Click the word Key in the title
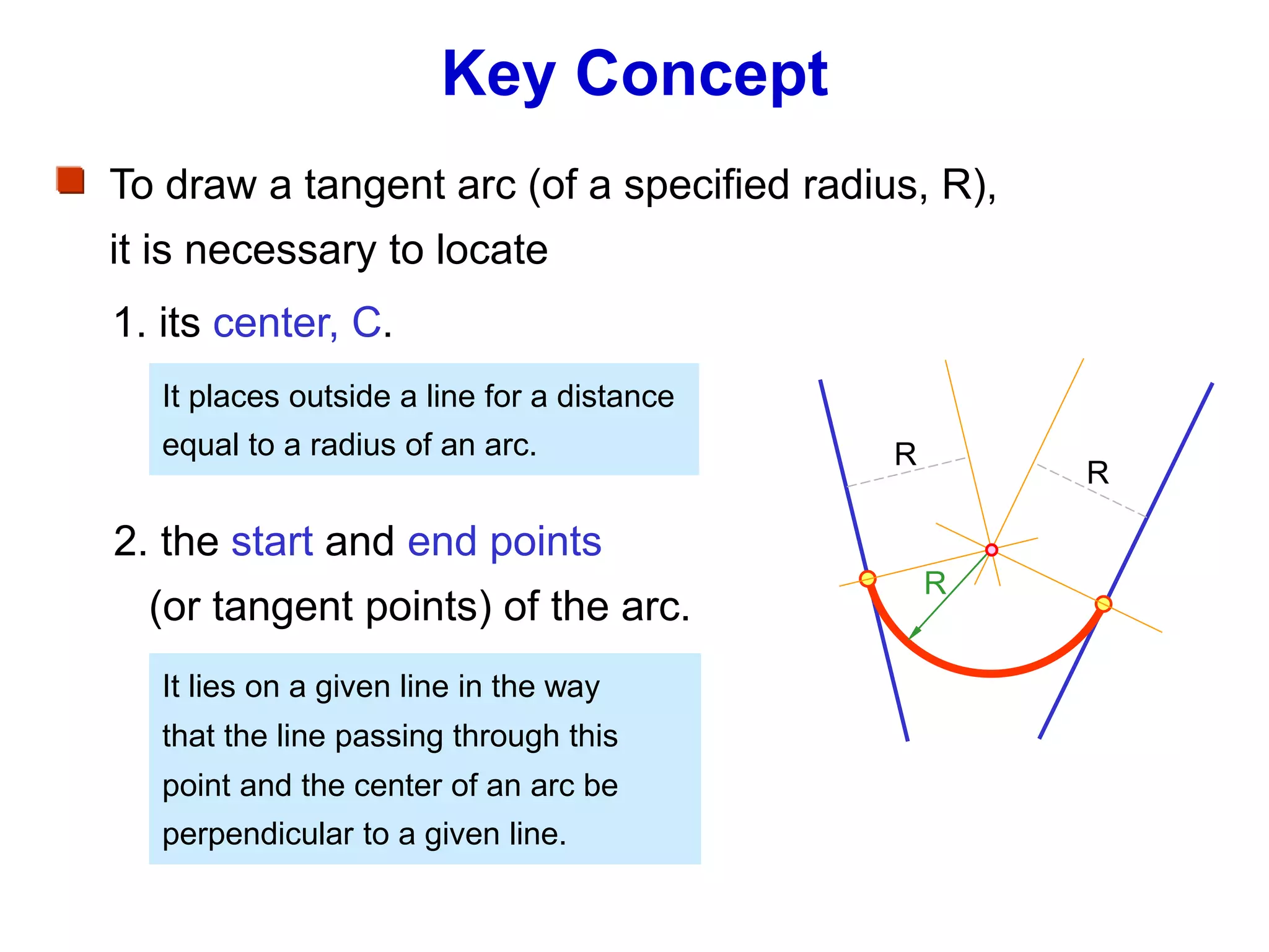pyautogui.click(x=498, y=76)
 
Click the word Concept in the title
pyautogui.click(x=701, y=76)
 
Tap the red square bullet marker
pyautogui.click(x=71, y=180)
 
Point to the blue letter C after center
pyautogui.click(x=367, y=323)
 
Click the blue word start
pyautogui.click(x=272, y=542)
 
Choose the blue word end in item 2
pyautogui.click(x=442, y=542)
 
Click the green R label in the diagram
pyautogui.click(x=935, y=584)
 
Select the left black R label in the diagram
pyautogui.click(x=905, y=454)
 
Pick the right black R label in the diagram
pyautogui.click(x=1097, y=473)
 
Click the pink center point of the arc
pyautogui.click(x=991, y=550)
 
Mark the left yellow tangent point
pyautogui.click(x=867, y=578)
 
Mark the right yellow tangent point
pyautogui.click(x=1103, y=604)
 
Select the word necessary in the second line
pyautogui.click(x=280, y=250)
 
